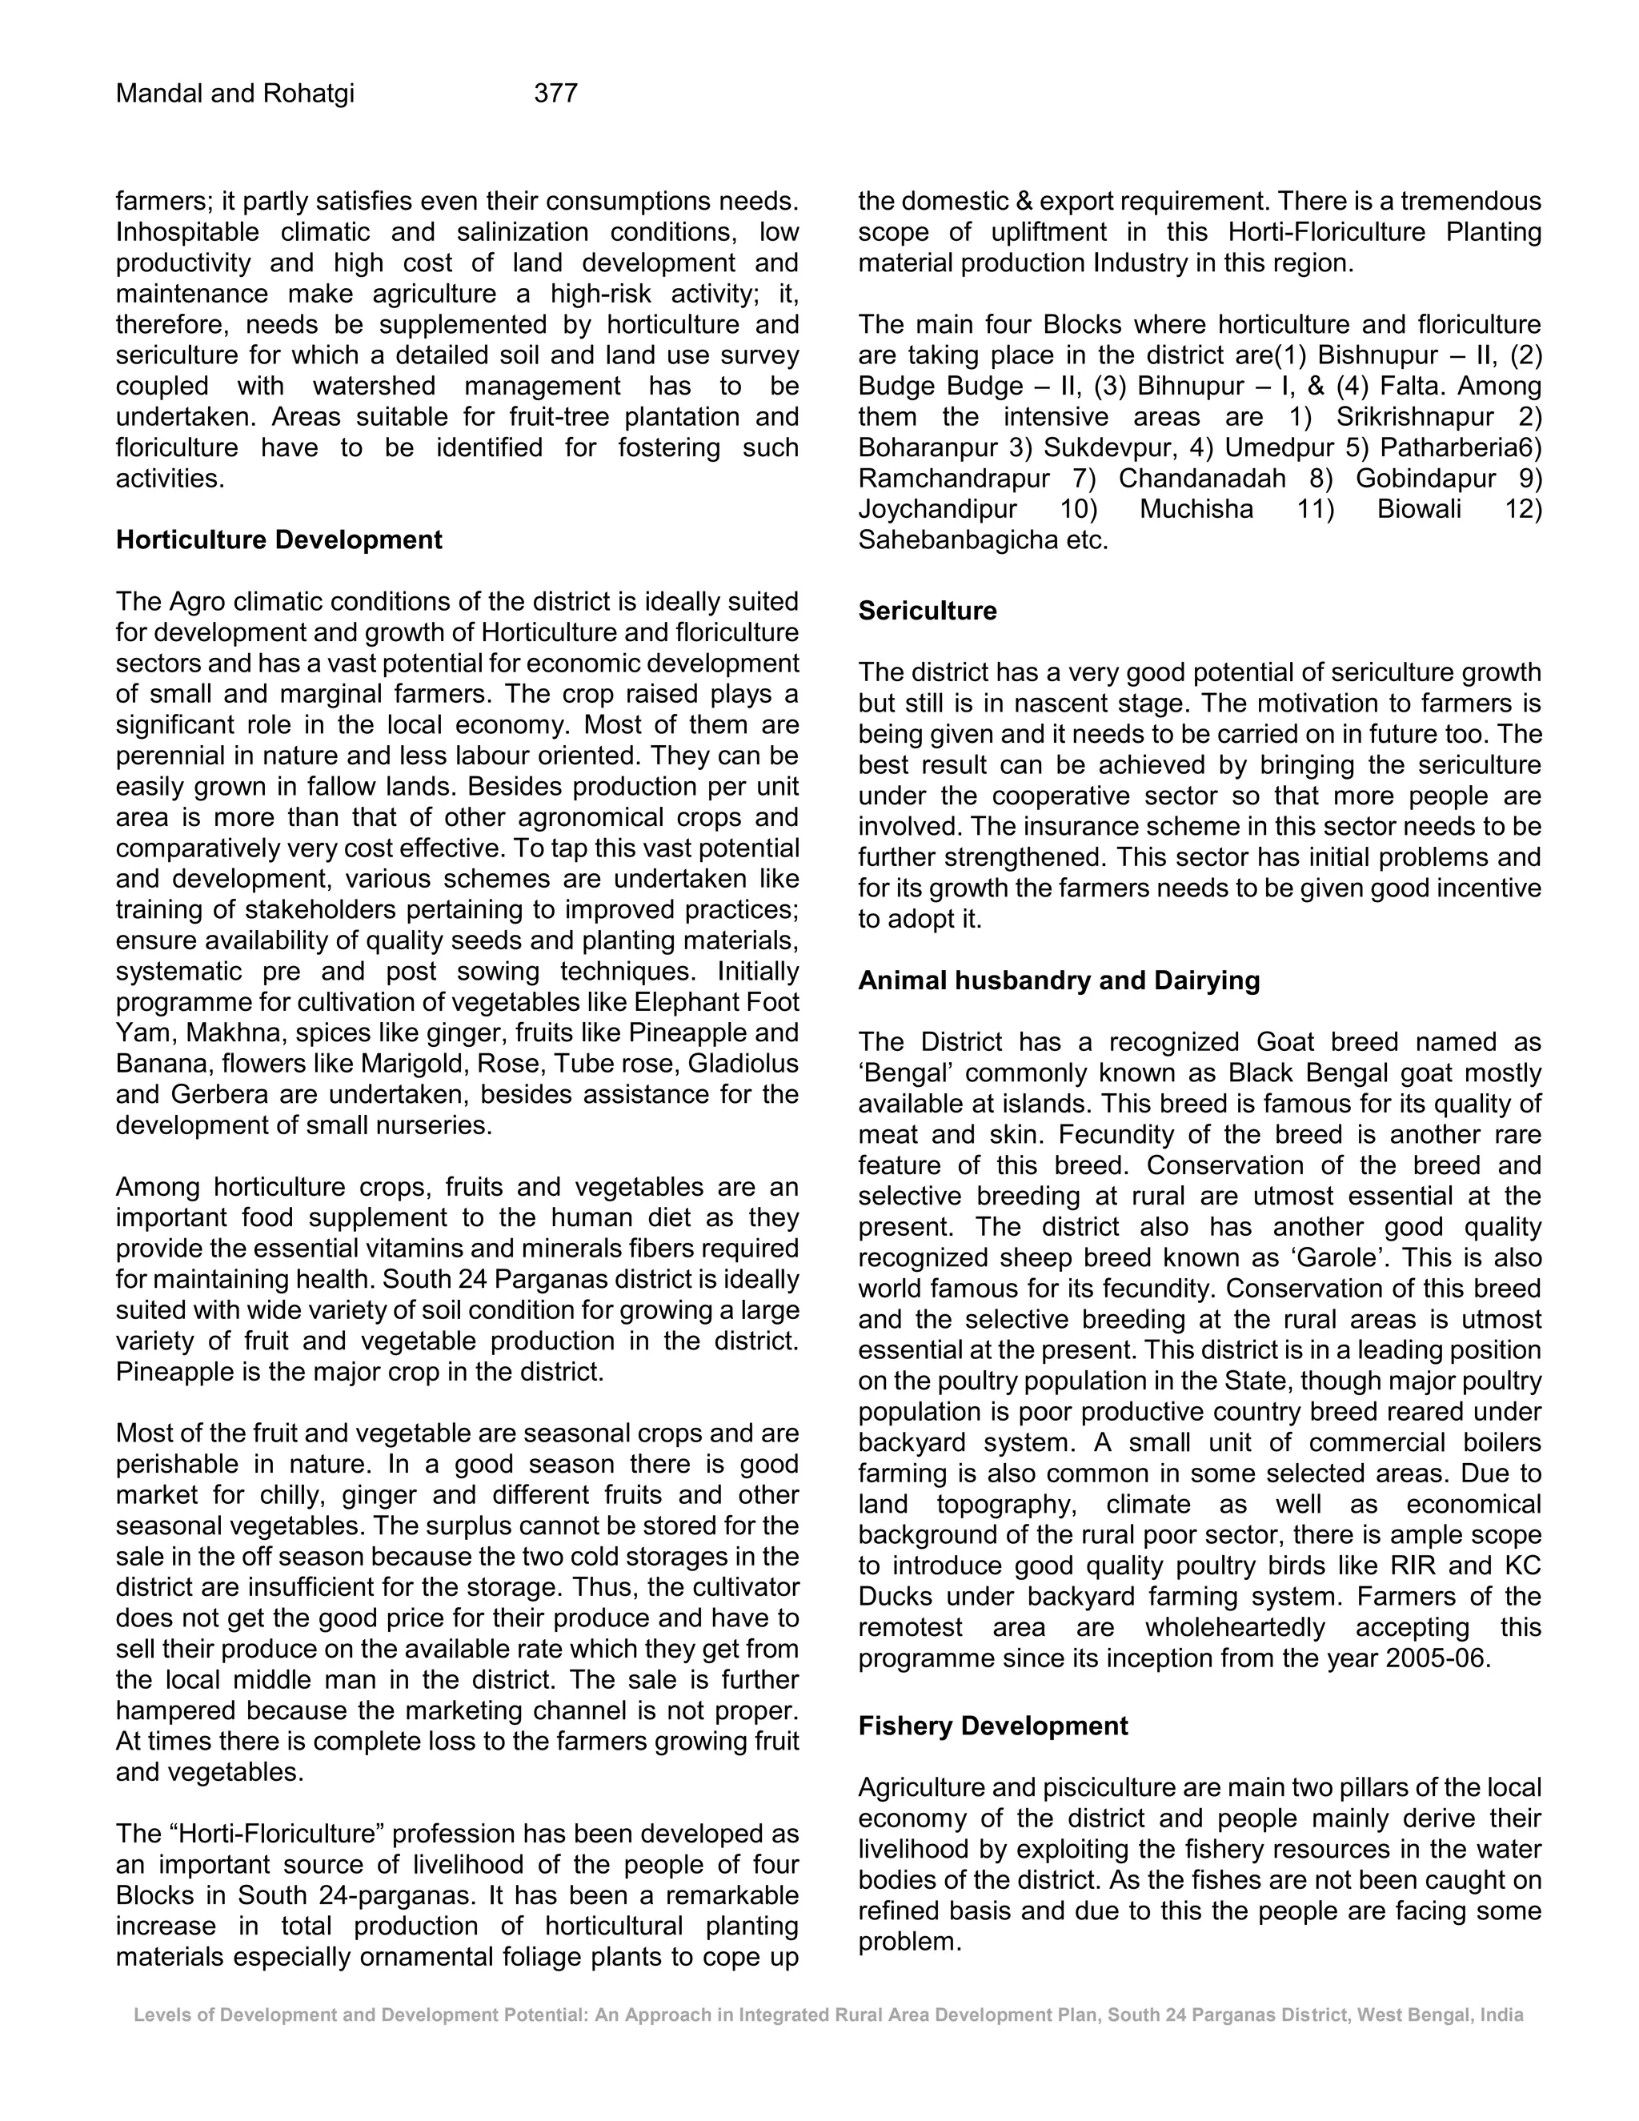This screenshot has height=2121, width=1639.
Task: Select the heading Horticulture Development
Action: pyautogui.click(x=279, y=540)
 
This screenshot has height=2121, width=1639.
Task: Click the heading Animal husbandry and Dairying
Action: pyautogui.click(x=1058, y=981)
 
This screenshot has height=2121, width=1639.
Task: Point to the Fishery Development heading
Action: pyautogui.click(x=992, y=1726)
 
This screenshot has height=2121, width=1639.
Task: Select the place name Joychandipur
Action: pyautogui.click(x=937, y=510)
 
